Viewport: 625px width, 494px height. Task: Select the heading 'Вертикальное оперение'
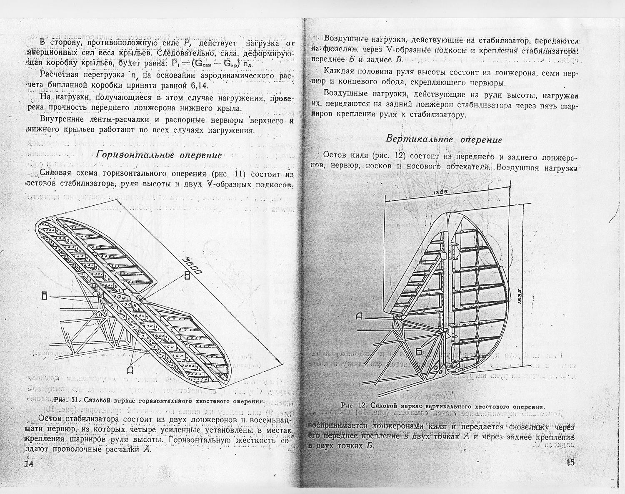click(x=444, y=139)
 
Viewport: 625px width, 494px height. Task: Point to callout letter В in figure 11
click(x=187, y=276)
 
